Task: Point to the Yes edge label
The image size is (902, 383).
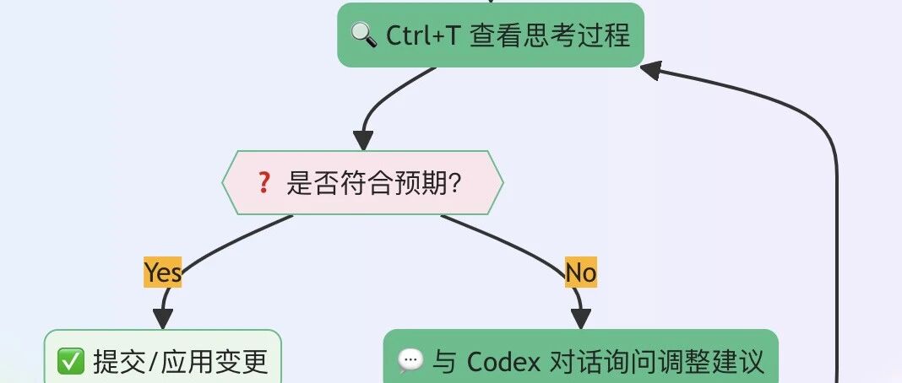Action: point(162,272)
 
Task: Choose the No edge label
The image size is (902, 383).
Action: point(580,272)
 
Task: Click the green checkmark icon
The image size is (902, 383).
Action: point(68,362)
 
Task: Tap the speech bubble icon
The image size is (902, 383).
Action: point(410,362)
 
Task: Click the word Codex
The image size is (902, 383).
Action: point(503,362)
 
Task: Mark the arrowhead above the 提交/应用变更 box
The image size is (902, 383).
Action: point(162,318)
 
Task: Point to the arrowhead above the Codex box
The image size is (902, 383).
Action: point(580,318)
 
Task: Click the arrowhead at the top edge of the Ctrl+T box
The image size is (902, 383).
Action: point(490,3)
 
